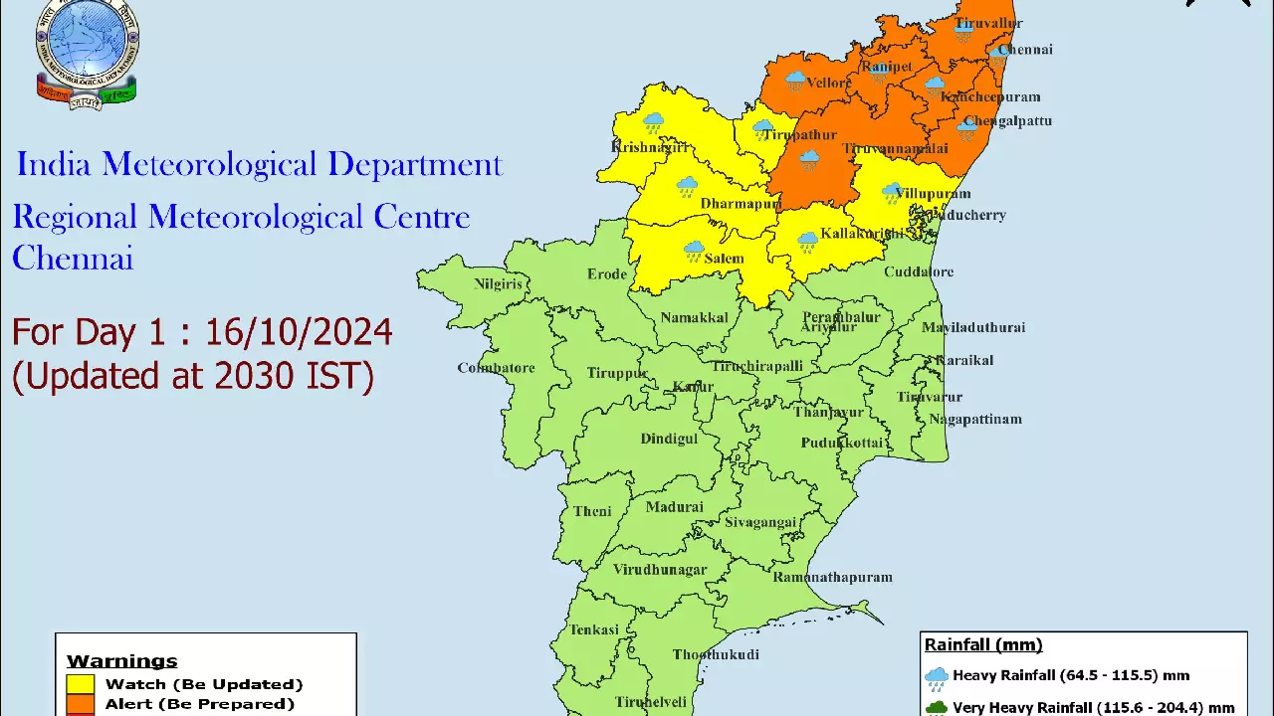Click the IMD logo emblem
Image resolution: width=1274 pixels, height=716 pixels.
[x=87, y=52]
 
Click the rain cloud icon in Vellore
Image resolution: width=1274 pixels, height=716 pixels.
[x=796, y=81]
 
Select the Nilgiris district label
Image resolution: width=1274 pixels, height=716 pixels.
[x=498, y=284]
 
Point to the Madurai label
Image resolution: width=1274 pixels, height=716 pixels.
[x=674, y=507]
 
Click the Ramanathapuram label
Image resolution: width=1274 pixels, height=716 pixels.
[x=832, y=577]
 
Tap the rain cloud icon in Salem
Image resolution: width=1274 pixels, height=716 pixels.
[x=694, y=251]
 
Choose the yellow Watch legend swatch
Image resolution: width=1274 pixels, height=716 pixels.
[x=81, y=684]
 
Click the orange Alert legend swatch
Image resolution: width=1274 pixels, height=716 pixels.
[x=81, y=704]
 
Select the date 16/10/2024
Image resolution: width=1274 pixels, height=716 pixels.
[x=299, y=332]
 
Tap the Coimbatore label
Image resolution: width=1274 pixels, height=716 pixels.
[x=496, y=368]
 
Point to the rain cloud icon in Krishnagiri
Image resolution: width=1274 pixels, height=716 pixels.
[x=653, y=123]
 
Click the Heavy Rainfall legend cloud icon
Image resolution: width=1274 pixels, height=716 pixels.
[x=937, y=678]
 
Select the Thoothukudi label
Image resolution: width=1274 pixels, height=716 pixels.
[x=716, y=654]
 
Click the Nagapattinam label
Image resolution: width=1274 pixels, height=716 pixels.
[x=975, y=420]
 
